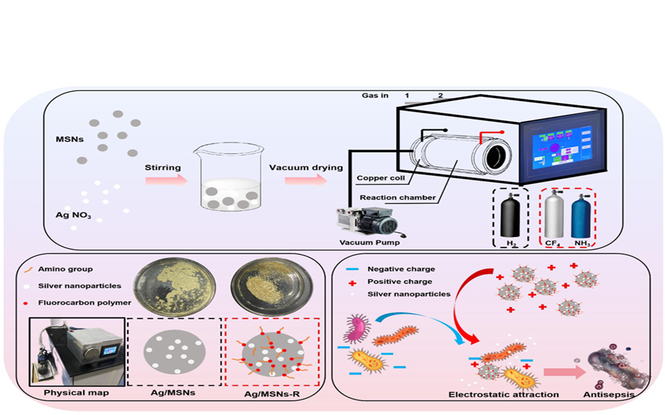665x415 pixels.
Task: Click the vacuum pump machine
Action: click(x=372, y=220)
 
